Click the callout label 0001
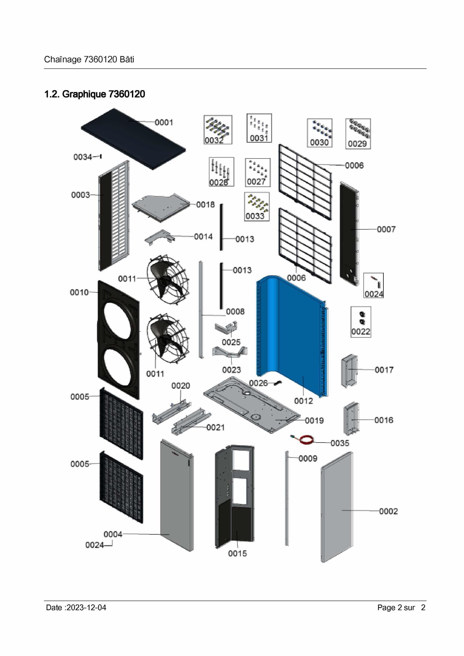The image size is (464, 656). (164, 122)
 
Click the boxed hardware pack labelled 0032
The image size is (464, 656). (218, 130)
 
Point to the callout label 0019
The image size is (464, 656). (314, 420)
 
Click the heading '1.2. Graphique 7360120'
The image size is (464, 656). (95, 94)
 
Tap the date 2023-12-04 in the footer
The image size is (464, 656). (86, 607)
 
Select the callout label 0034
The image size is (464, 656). (83, 157)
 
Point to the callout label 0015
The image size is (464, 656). (237, 553)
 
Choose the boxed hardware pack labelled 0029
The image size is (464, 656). (358, 134)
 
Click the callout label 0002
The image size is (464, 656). (388, 511)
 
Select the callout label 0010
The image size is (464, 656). (79, 292)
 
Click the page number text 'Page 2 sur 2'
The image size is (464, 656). (401, 607)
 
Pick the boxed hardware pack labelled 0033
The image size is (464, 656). (257, 207)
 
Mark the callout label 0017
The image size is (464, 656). (384, 370)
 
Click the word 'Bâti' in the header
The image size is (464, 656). (127, 60)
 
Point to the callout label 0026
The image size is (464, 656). (258, 383)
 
